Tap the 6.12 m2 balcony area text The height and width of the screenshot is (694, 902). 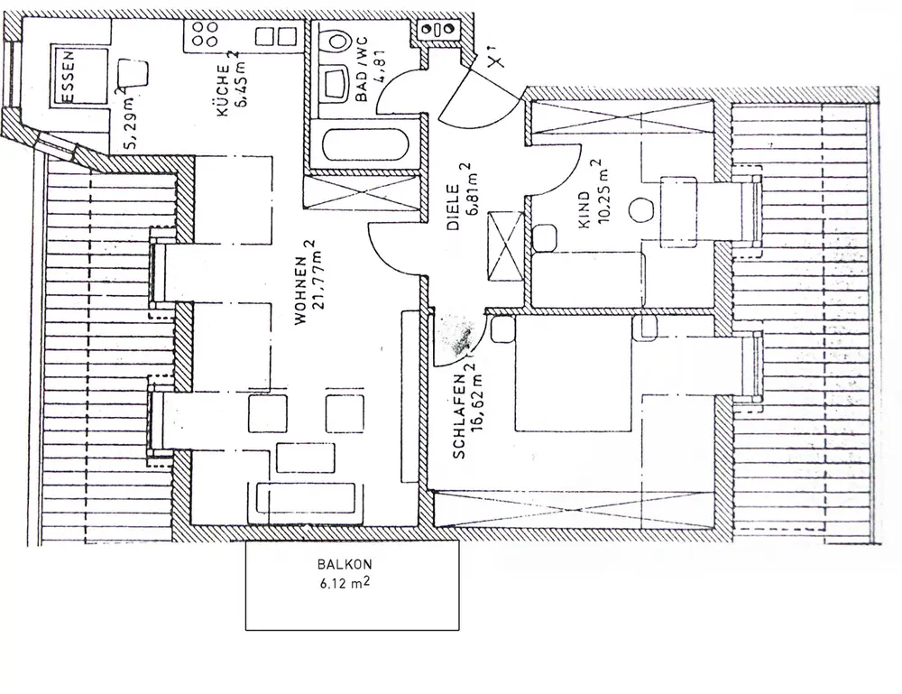click(x=345, y=584)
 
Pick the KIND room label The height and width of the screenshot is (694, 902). click(x=584, y=208)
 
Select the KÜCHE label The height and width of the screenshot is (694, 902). click(x=221, y=97)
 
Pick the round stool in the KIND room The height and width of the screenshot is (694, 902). click(x=642, y=208)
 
